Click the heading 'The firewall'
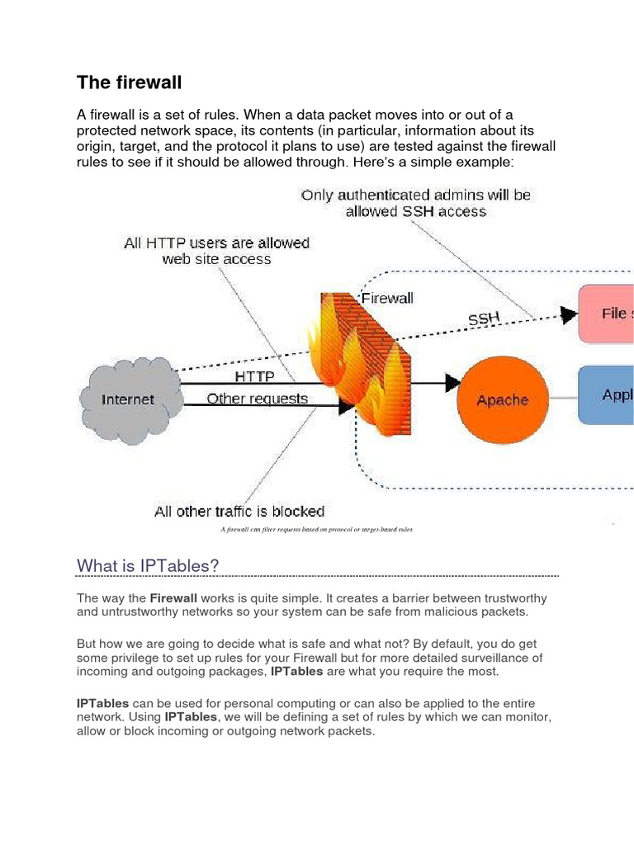coord(129,83)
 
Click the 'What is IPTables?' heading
coord(148,564)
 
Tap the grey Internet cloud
coord(128,399)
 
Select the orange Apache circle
coord(502,399)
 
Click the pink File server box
coord(607,314)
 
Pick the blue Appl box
coord(607,394)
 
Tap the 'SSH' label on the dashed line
coord(484,317)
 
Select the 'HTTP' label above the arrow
coord(255,375)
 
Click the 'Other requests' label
coord(257,399)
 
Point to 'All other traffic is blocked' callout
coord(239,511)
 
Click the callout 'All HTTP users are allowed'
coord(216,243)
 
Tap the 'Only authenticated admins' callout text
coord(416,196)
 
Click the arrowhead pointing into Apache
coord(451,382)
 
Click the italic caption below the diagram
coord(316,529)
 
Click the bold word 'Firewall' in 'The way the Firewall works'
coord(173,597)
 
